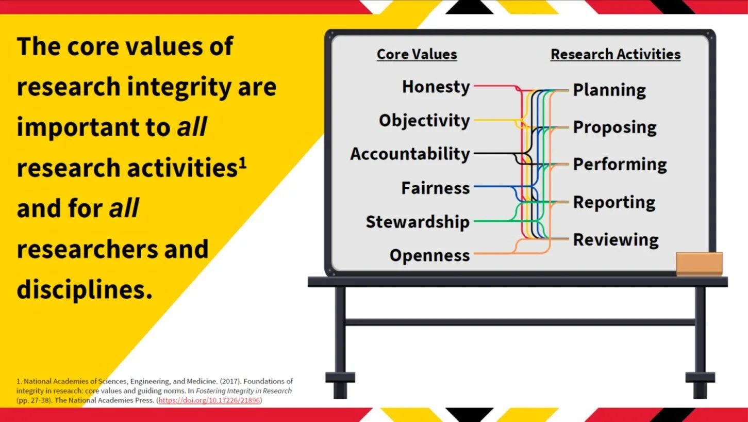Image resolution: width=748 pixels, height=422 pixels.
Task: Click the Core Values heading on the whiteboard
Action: coord(417,54)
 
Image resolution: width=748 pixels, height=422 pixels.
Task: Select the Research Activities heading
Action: coord(616,54)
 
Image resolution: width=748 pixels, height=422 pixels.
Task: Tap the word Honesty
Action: coord(436,87)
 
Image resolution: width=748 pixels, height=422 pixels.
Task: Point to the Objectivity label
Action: coord(424,120)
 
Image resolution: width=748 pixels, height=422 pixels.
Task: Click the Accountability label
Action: coord(410,154)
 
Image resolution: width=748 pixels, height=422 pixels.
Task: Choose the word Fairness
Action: coord(436,188)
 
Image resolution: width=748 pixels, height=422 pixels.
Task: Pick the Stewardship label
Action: coord(418,222)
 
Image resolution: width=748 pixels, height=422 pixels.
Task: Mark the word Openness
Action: coord(430,255)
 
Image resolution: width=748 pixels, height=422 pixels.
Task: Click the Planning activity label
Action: coord(609,91)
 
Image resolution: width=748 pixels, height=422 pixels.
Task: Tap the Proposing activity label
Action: coord(615,128)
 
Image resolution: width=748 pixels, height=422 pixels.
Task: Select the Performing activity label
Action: coord(620,165)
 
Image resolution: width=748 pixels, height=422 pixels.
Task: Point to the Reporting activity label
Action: coord(614,203)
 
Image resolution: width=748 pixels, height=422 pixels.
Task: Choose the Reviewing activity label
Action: coord(616,240)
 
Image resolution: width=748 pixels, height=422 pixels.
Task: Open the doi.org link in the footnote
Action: coord(209,400)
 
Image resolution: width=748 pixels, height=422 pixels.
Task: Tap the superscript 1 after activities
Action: coord(243,163)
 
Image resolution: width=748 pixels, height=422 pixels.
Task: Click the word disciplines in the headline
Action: coord(85,289)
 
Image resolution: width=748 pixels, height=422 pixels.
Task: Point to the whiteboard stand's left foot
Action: coord(340,385)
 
